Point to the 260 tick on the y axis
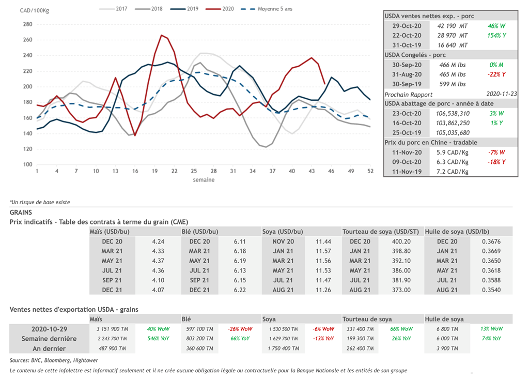[x=27, y=40]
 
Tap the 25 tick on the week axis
[x=194, y=171]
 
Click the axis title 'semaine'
[x=204, y=180]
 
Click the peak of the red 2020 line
[x=162, y=35]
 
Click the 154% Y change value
[x=496, y=35]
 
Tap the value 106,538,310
[x=453, y=113]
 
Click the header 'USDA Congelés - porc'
[x=415, y=55]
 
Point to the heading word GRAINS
[x=21, y=212]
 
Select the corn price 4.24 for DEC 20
[x=158, y=241]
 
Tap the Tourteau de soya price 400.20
[x=401, y=241]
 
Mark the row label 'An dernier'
[x=49, y=348]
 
